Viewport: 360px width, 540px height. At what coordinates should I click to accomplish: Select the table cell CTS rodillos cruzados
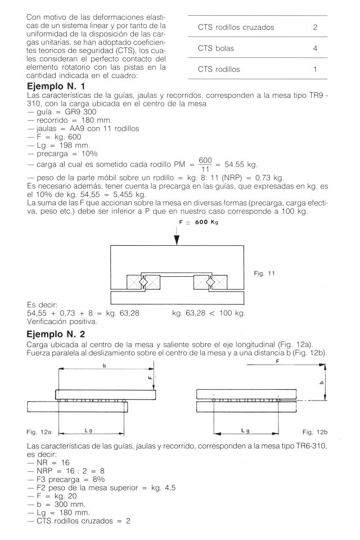coord(236,27)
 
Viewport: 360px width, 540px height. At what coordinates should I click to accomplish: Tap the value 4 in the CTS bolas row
coord(315,48)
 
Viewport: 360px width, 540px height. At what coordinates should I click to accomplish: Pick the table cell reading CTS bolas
coord(216,48)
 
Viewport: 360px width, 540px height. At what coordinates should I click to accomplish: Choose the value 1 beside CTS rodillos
coord(315,70)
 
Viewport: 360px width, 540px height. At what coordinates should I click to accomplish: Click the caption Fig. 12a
coord(39,432)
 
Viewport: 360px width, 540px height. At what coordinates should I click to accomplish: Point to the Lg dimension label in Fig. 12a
coord(88,429)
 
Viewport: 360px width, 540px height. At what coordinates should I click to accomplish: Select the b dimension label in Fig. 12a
coord(104,366)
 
